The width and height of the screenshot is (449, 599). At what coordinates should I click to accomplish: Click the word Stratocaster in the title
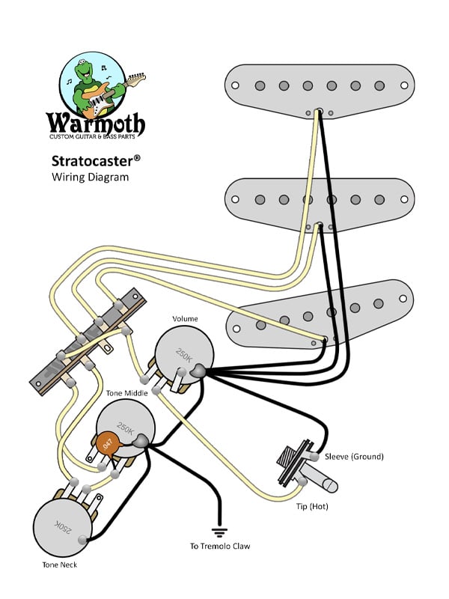[x=95, y=161]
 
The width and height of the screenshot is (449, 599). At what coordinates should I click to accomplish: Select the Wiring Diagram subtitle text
[x=90, y=177]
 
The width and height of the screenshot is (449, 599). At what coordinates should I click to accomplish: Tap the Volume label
[x=185, y=318]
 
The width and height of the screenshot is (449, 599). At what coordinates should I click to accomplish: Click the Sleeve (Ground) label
[x=352, y=457]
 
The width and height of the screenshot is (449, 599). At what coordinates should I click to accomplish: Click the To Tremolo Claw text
[x=219, y=547]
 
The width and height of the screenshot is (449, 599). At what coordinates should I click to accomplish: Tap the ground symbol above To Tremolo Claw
[x=219, y=532]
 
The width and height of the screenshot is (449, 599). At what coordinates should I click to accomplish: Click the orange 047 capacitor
[x=109, y=443]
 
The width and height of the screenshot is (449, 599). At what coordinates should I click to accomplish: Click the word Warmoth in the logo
[x=97, y=122]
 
